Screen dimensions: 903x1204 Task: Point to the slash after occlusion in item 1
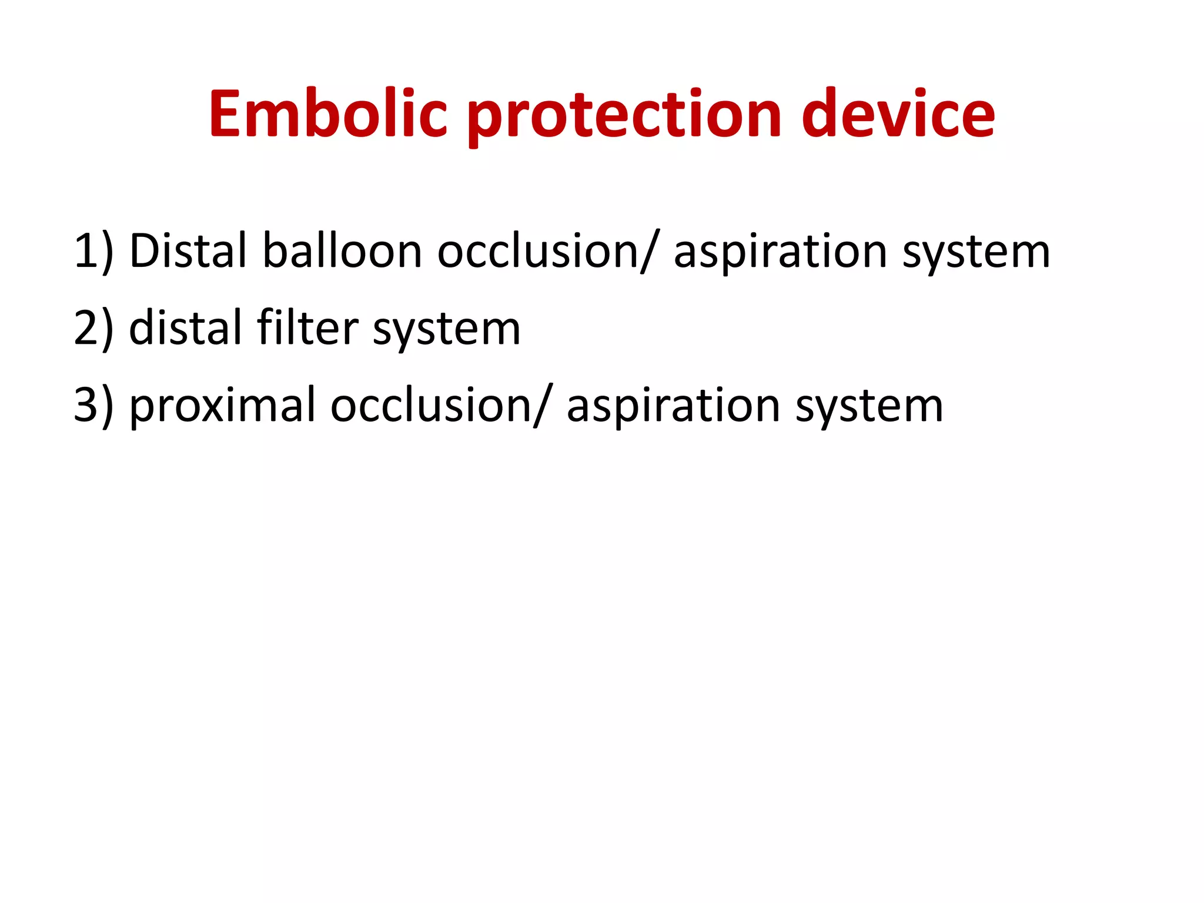click(x=647, y=252)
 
